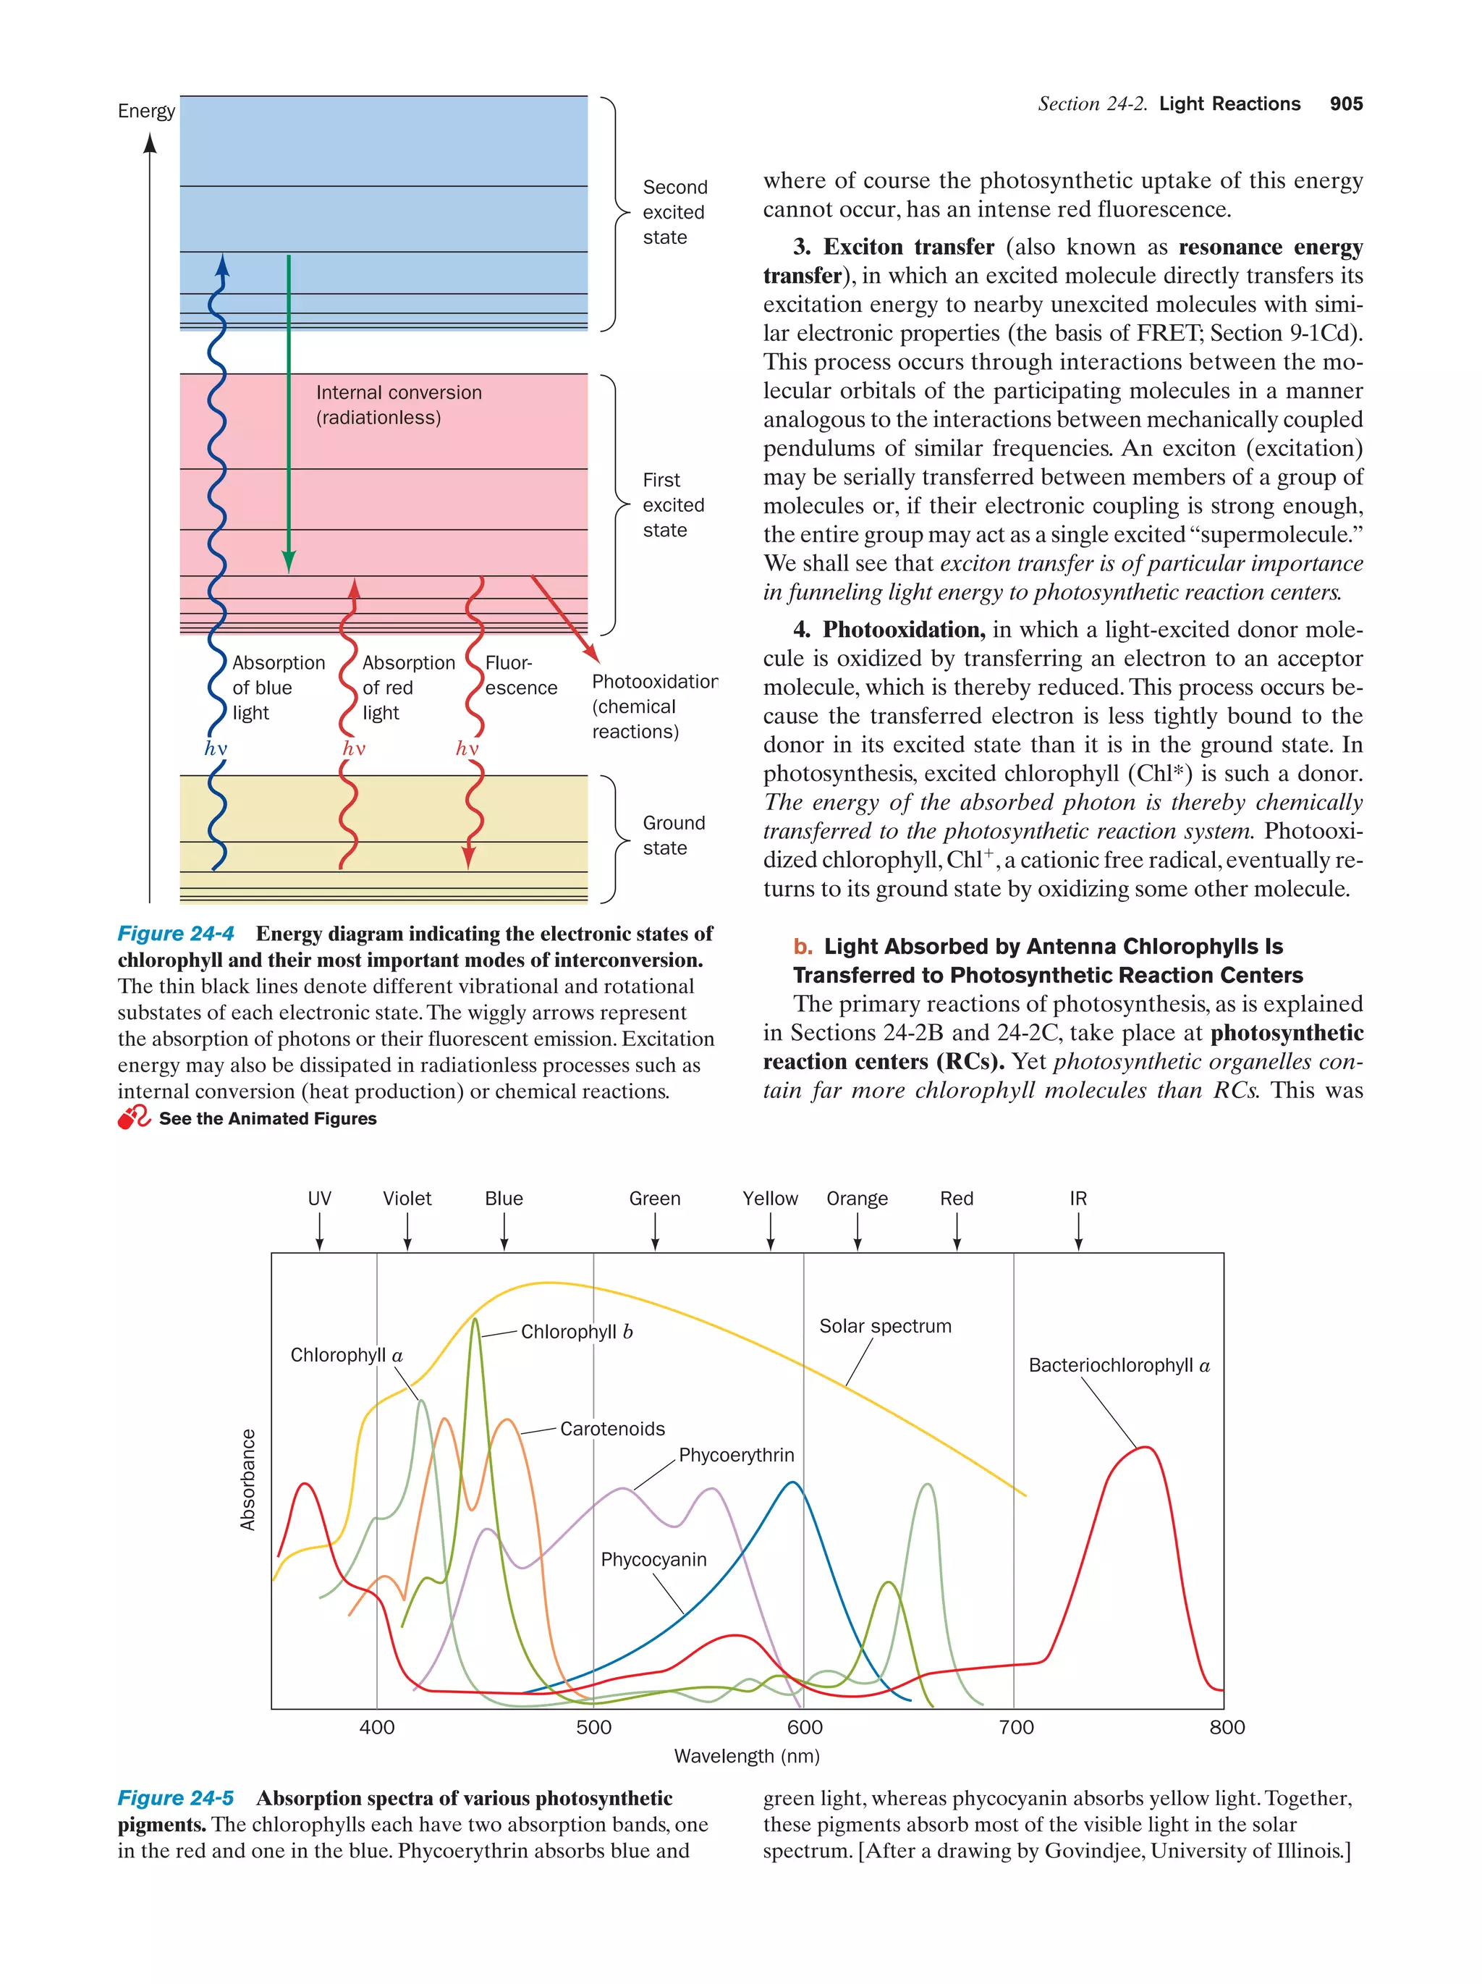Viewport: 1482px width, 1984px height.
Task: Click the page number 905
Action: pyautogui.click(x=1346, y=104)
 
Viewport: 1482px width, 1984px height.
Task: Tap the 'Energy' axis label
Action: pyautogui.click(x=146, y=111)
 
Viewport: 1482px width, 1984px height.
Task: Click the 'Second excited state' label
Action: pyautogui.click(x=674, y=213)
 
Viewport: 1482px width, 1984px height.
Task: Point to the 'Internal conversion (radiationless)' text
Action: pyautogui.click(x=398, y=405)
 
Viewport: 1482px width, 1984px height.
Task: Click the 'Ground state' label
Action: pyautogui.click(x=673, y=835)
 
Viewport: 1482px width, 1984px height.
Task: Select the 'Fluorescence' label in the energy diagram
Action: pyautogui.click(x=520, y=675)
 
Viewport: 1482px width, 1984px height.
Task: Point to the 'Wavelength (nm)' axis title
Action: pyautogui.click(x=747, y=1756)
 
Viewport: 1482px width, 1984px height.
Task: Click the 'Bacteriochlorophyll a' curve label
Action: pyautogui.click(x=1118, y=1365)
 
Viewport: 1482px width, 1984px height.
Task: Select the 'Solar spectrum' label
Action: pyautogui.click(x=885, y=1325)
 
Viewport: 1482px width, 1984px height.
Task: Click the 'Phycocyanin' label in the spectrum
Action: pyautogui.click(x=653, y=1560)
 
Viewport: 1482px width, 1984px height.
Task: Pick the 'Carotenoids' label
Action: pyautogui.click(x=612, y=1429)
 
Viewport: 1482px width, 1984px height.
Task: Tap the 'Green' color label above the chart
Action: pyautogui.click(x=654, y=1199)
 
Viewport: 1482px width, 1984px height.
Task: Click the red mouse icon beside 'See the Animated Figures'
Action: pyautogui.click(x=135, y=1118)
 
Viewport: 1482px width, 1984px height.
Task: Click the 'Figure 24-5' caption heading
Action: pyautogui.click(x=176, y=1798)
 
